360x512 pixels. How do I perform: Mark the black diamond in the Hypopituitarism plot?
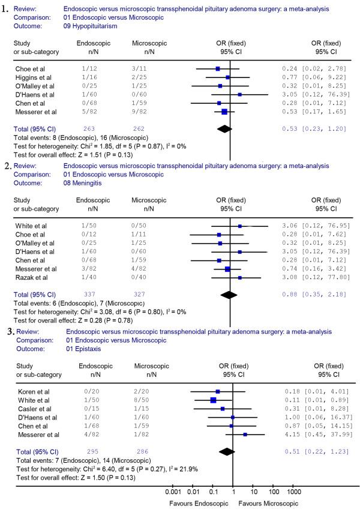tap(224, 128)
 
